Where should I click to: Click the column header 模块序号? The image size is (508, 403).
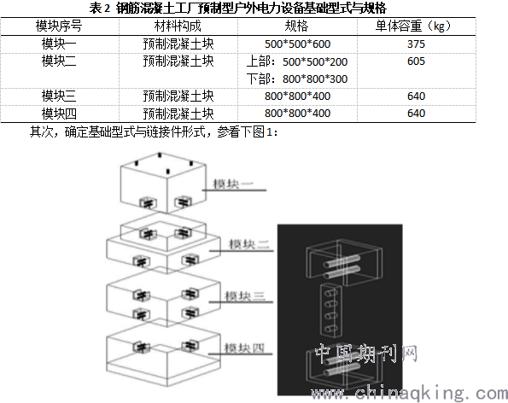pyautogui.click(x=59, y=26)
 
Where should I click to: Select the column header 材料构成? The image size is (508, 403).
pyautogui.click(x=178, y=26)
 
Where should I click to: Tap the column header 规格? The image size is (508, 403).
pyautogui.click(x=296, y=26)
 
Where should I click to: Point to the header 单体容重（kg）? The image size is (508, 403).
pyautogui.click(x=413, y=26)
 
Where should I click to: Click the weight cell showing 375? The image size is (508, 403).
pyautogui.click(x=416, y=44)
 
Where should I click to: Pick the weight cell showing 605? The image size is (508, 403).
pyautogui.click(x=416, y=61)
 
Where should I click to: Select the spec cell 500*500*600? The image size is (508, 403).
pyautogui.click(x=297, y=44)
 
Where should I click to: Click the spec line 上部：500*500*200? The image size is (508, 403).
pyautogui.click(x=297, y=61)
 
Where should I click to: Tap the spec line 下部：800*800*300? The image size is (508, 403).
pyautogui.click(x=297, y=79)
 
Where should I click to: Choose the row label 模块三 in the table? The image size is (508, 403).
pyautogui.click(x=59, y=96)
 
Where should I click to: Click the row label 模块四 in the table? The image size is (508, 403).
pyautogui.click(x=59, y=114)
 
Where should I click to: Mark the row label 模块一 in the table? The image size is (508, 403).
pyautogui.click(x=59, y=44)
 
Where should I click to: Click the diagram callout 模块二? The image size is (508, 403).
pyautogui.click(x=248, y=244)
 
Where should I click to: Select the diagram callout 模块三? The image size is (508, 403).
pyautogui.click(x=245, y=296)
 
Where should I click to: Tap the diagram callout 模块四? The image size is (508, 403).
pyautogui.click(x=244, y=348)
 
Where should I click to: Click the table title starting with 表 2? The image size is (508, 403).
pyautogui.click(x=238, y=8)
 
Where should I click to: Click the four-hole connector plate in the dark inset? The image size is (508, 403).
pyautogui.click(x=330, y=310)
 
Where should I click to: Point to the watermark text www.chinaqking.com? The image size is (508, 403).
pyautogui.click(x=409, y=393)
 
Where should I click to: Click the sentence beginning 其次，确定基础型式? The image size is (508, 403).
pyautogui.click(x=154, y=131)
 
